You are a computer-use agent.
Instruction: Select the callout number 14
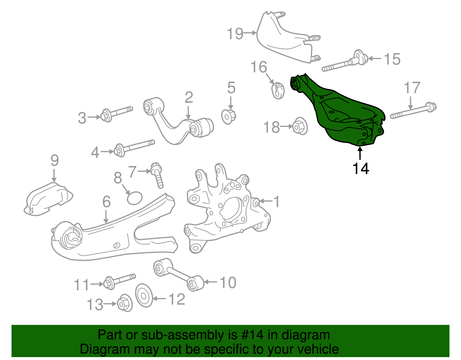click(360, 169)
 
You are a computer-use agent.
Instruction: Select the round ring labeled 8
click(135, 198)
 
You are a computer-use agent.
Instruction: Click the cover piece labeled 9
click(48, 199)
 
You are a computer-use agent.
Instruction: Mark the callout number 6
click(106, 202)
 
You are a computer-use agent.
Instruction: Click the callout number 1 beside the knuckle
click(276, 201)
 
